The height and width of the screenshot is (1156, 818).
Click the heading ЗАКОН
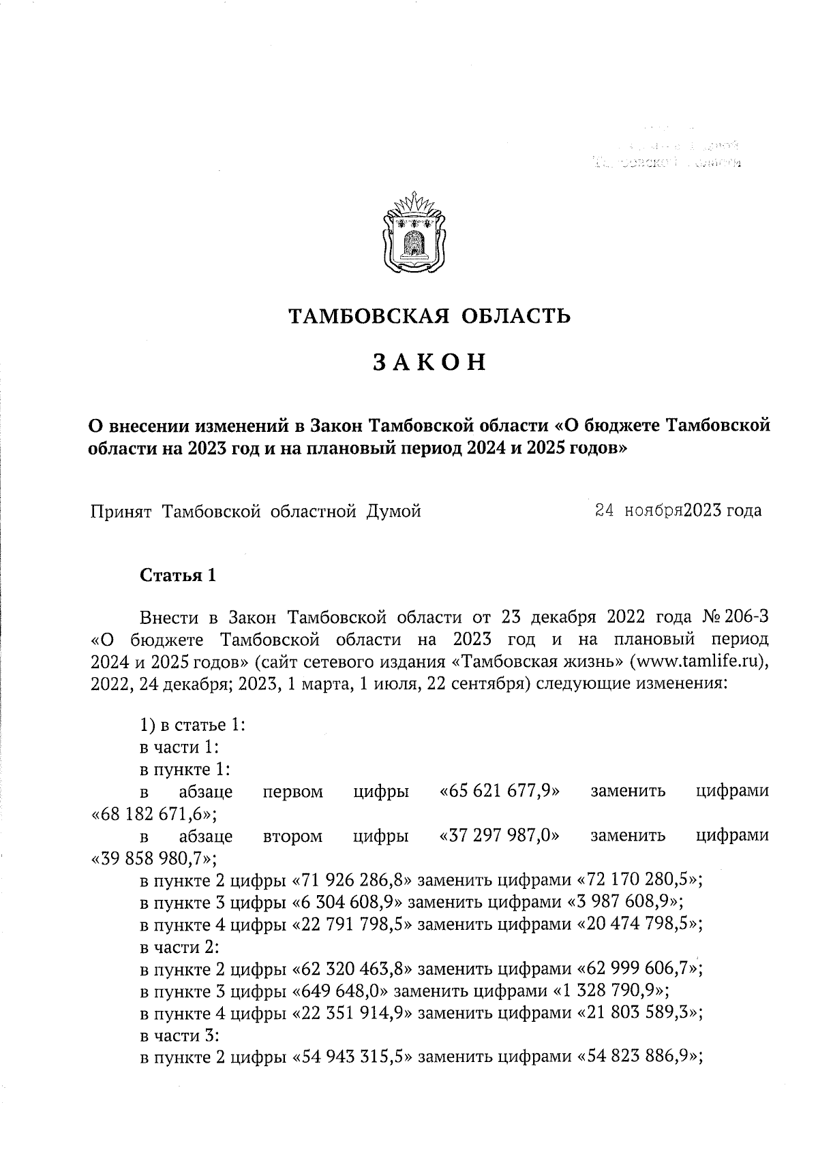click(x=429, y=362)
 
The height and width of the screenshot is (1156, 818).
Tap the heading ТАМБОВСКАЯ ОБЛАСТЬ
click(x=429, y=316)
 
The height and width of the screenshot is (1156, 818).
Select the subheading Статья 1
click(x=178, y=576)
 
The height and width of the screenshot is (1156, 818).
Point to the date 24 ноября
click(x=639, y=510)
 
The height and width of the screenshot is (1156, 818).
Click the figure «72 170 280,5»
click(x=640, y=880)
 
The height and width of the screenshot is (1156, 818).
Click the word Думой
click(x=393, y=510)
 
